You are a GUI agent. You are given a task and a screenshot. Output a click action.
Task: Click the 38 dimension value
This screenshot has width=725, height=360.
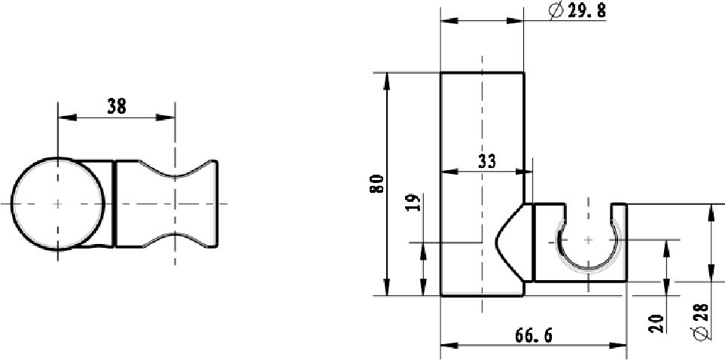pos(117,106)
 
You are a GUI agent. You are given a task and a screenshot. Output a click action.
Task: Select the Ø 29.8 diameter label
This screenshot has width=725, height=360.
pos(577,11)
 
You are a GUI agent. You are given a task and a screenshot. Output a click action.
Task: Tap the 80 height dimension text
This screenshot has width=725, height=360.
pos(378,184)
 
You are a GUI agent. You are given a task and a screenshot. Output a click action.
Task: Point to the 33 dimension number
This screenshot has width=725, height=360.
pos(486,161)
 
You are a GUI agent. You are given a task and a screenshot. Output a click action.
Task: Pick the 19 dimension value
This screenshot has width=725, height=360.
pos(414,202)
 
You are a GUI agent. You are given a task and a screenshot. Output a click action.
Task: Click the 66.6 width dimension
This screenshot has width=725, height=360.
pos(534,335)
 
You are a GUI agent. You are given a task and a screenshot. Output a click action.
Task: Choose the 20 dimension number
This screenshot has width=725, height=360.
pos(656,323)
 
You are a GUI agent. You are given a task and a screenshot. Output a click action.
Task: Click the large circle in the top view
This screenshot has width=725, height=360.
pos(57,158)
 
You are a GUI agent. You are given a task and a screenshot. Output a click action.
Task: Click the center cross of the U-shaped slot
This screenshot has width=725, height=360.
pos(588,239)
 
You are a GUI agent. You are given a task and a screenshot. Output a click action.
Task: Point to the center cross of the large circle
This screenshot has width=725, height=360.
pos(57,203)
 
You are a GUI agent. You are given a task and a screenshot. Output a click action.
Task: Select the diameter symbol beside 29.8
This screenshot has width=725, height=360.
pos(556,11)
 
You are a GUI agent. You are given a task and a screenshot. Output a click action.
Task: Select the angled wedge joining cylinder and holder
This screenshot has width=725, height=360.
pos(513,242)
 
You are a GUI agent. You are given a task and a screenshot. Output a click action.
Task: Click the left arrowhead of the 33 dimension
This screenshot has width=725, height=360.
pos(449,172)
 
